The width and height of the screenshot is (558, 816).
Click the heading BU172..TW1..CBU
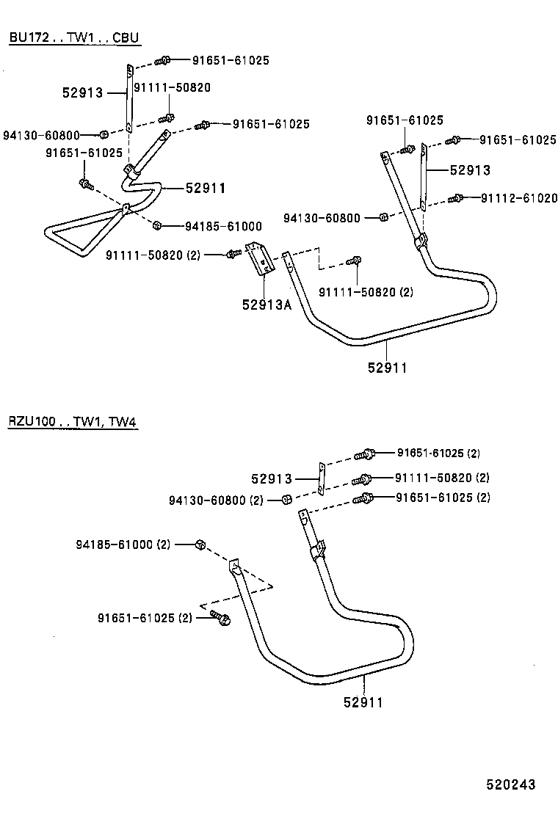point(73,37)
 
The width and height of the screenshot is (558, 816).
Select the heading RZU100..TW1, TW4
point(73,422)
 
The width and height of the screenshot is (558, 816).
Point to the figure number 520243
point(510,784)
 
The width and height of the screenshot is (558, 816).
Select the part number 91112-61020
point(519,198)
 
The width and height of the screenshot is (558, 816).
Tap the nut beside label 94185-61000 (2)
point(200,544)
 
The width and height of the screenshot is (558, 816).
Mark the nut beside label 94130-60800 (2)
point(287,500)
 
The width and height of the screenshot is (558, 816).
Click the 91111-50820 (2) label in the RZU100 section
point(443,478)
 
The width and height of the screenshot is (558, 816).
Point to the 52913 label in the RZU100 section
point(271,478)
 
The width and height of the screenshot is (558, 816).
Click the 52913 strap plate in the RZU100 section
point(321,478)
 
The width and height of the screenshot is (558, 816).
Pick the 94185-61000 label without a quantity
point(223,226)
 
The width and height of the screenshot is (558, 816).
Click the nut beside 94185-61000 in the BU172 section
point(157,224)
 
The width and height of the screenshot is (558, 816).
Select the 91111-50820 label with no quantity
point(172,87)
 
